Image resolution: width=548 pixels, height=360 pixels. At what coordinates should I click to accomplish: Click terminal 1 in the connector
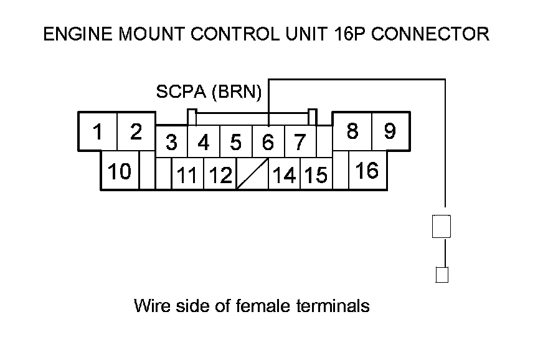tap(97, 132)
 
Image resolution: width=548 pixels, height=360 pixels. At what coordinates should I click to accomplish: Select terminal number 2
tap(136, 132)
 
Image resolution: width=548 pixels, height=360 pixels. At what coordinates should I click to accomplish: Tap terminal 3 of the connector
tap(171, 143)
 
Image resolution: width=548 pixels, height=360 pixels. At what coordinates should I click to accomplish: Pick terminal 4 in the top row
tap(204, 143)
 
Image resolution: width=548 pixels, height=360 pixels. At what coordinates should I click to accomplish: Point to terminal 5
tap(235, 143)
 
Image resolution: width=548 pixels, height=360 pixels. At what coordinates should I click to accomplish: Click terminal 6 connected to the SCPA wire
tap(268, 143)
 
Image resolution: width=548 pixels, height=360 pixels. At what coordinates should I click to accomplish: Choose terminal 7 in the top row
tap(300, 143)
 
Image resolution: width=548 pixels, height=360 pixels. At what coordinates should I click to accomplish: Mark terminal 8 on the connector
tap(352, 131)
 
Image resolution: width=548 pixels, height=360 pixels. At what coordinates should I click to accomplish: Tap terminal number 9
tap(390, 131)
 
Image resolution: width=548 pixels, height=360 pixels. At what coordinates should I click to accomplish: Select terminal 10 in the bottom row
tap(119, 171)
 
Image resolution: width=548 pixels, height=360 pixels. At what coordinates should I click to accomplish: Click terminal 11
tap(187, 175)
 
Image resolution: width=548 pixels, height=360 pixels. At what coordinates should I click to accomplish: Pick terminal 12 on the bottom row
tap(219, 175)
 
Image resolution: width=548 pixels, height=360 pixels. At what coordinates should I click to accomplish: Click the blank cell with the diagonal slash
tap(252, 174)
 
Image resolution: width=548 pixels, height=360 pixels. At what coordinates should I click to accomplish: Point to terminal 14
tap(284, 175)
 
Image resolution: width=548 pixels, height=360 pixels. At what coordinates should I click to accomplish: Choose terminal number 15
tap(316, 175)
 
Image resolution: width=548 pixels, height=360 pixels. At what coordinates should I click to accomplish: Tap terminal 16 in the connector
tap(367, 171)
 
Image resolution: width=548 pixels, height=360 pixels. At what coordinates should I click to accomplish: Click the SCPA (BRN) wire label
tap(209, 92)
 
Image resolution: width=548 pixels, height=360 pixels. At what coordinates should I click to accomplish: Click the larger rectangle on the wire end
tap(441, 226)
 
